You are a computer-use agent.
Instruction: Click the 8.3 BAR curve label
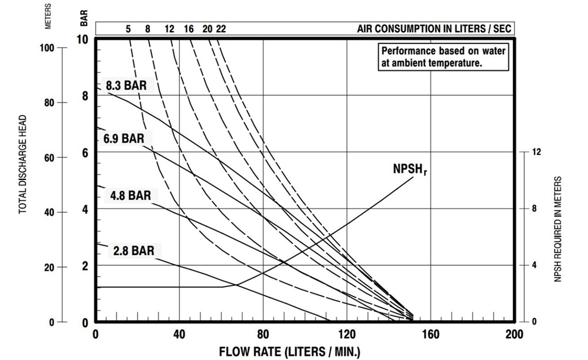click(x=126, y=85)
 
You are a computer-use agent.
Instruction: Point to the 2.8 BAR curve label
click(x=134, y=251)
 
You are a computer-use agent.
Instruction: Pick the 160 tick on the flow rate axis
click(x=430, y=334)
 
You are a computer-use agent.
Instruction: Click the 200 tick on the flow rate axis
click(x=514, y=334)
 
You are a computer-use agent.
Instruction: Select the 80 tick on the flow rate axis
click(x=263, y=334)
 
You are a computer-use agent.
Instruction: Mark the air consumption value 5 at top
click(x=128, y=29)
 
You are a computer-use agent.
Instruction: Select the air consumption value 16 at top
click(x=188, y=29)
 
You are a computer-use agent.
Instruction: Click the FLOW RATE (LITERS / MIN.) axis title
click(x=289, y=352)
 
